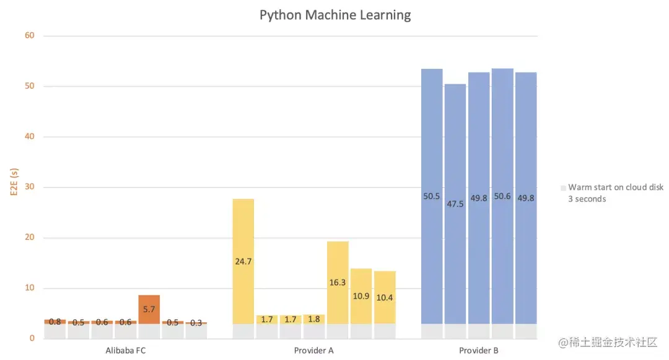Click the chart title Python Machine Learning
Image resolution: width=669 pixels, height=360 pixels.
pos(334,15)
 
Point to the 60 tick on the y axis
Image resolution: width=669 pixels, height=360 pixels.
pos(30,36)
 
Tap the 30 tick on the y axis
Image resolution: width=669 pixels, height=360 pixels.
pos(30,187)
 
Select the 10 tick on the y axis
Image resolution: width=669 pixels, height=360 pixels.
pos(30,288)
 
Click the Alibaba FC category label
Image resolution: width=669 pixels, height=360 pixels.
pos(126,351)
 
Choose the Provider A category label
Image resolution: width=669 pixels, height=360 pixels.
pos(313,351)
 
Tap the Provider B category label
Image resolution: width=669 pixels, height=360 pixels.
pos(478,351)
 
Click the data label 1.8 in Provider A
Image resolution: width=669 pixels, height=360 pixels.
pos(314,320)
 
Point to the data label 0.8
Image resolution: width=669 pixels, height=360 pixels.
pos(55,322)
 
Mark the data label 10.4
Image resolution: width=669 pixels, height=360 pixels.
pos(385,298)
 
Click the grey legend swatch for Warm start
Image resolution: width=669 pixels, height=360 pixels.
pos(562,188)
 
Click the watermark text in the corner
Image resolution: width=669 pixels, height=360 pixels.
pos(607,342)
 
